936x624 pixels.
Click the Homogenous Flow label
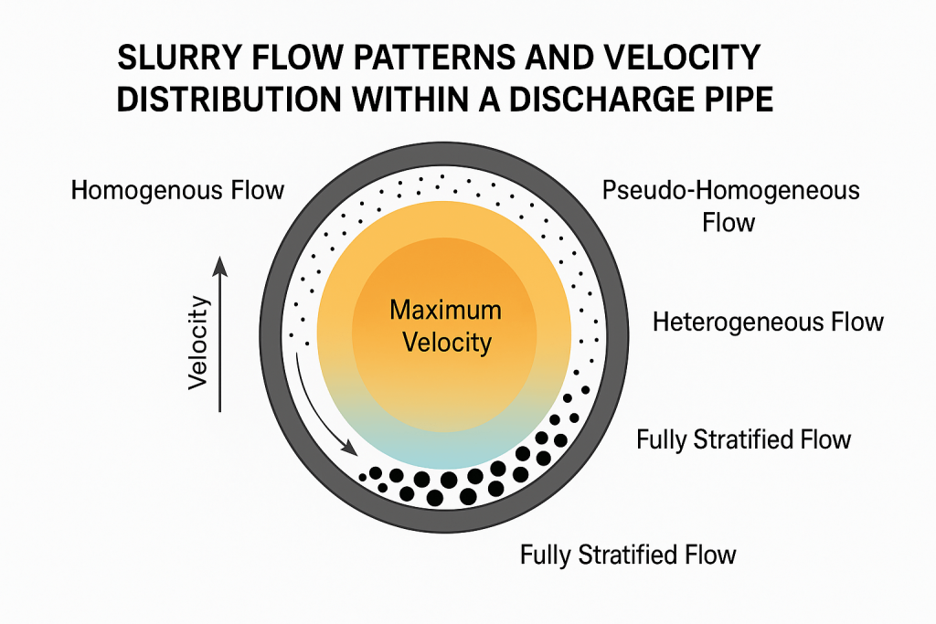point(177,192)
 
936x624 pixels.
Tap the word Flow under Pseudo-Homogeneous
point(729,222)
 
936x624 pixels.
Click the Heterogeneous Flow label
point(768,323)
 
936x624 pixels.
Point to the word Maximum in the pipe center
point(445,310)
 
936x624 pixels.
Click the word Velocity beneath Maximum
point(445,343)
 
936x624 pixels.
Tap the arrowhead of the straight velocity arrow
point(219,265)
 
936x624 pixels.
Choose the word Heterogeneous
point(739,323)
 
